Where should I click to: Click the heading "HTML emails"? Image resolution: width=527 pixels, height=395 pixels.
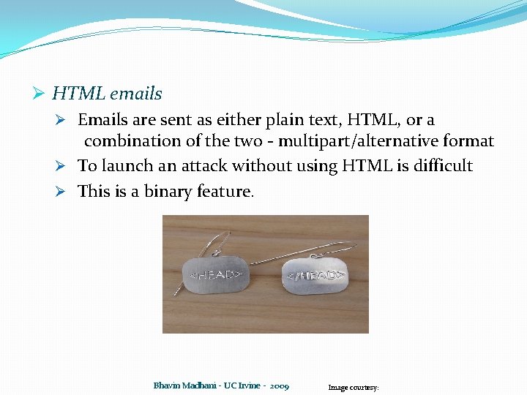pyautogui.click(x=107, y=94)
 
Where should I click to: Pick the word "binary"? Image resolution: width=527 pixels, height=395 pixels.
pyautogui.click(x=168, y=192)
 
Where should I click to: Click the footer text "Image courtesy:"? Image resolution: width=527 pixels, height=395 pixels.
pyautogui.click(x=354, y=388)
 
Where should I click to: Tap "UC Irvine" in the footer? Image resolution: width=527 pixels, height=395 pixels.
pyautogui.click(x=241, y=385)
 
